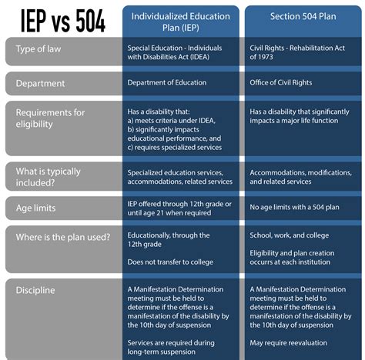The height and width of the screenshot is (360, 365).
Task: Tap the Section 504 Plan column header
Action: pos(303,15)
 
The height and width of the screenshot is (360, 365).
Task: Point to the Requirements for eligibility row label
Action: pos(51,119)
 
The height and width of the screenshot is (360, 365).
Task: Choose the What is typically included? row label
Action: pos(49,176)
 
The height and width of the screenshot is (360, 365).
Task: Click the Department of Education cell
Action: pos(169,83)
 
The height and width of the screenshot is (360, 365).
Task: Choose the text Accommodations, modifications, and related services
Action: pos(302,176)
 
